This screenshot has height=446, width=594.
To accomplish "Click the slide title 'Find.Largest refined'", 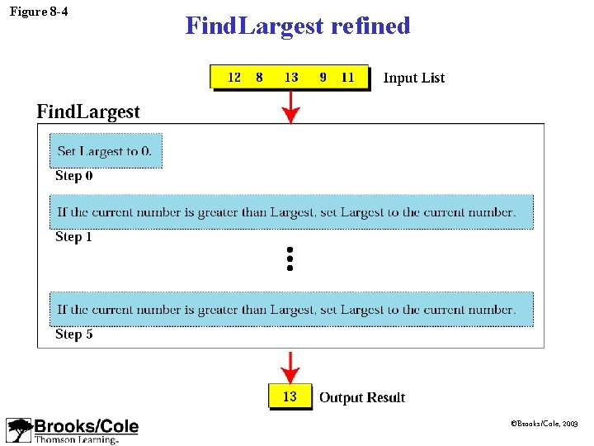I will point(297,26).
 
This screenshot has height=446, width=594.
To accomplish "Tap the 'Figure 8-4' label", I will point(39,12).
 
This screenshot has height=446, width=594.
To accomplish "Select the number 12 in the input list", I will point(234,77).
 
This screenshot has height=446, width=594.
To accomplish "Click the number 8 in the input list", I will point(259,77).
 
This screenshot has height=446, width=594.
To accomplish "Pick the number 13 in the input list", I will point(290,77).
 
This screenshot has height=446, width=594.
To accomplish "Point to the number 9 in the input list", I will point(323,77).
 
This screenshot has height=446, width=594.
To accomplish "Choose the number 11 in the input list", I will point(347,77).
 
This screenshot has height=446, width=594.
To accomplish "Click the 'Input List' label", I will point(413,78).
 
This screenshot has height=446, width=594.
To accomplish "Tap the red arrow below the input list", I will point(290,107).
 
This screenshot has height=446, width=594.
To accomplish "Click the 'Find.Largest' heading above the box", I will point(88,111).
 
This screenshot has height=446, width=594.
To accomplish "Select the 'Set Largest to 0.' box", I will point(106,151).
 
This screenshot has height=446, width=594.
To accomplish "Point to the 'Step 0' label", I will point(73,176).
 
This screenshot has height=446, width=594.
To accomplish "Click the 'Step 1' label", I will point(73,237).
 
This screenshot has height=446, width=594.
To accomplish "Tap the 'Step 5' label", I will point(73,334).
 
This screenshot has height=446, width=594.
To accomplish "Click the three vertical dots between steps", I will point(290,259).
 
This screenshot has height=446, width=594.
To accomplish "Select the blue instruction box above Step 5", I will point(291,310).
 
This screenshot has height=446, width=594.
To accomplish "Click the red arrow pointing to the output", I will point(290,366).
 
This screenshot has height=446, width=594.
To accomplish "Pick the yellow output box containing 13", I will point(290,396).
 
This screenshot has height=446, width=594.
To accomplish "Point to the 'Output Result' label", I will point(362,397).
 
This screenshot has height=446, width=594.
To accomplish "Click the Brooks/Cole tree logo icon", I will point(19,430).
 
